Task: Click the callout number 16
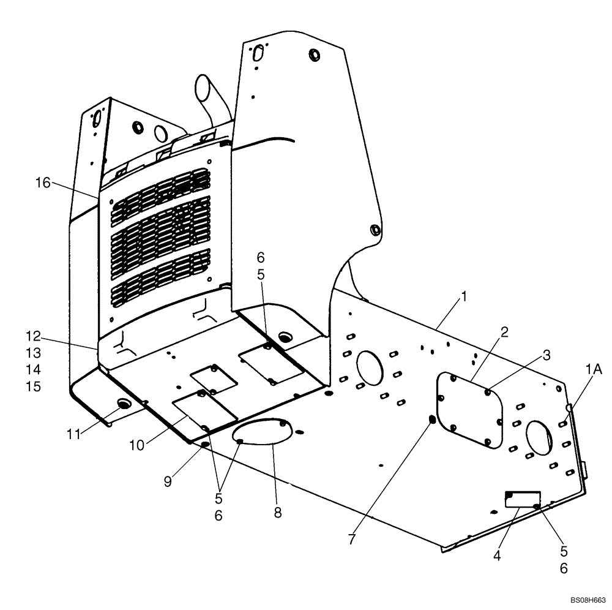tap(42, 183)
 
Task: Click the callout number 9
tap(167, 481)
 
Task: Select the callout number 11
tap(74, 434)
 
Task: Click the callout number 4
tap(497, 556)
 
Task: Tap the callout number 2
tap(504, 333)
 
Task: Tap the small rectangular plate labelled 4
tap(521, 499)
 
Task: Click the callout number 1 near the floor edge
tap(464, 296)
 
